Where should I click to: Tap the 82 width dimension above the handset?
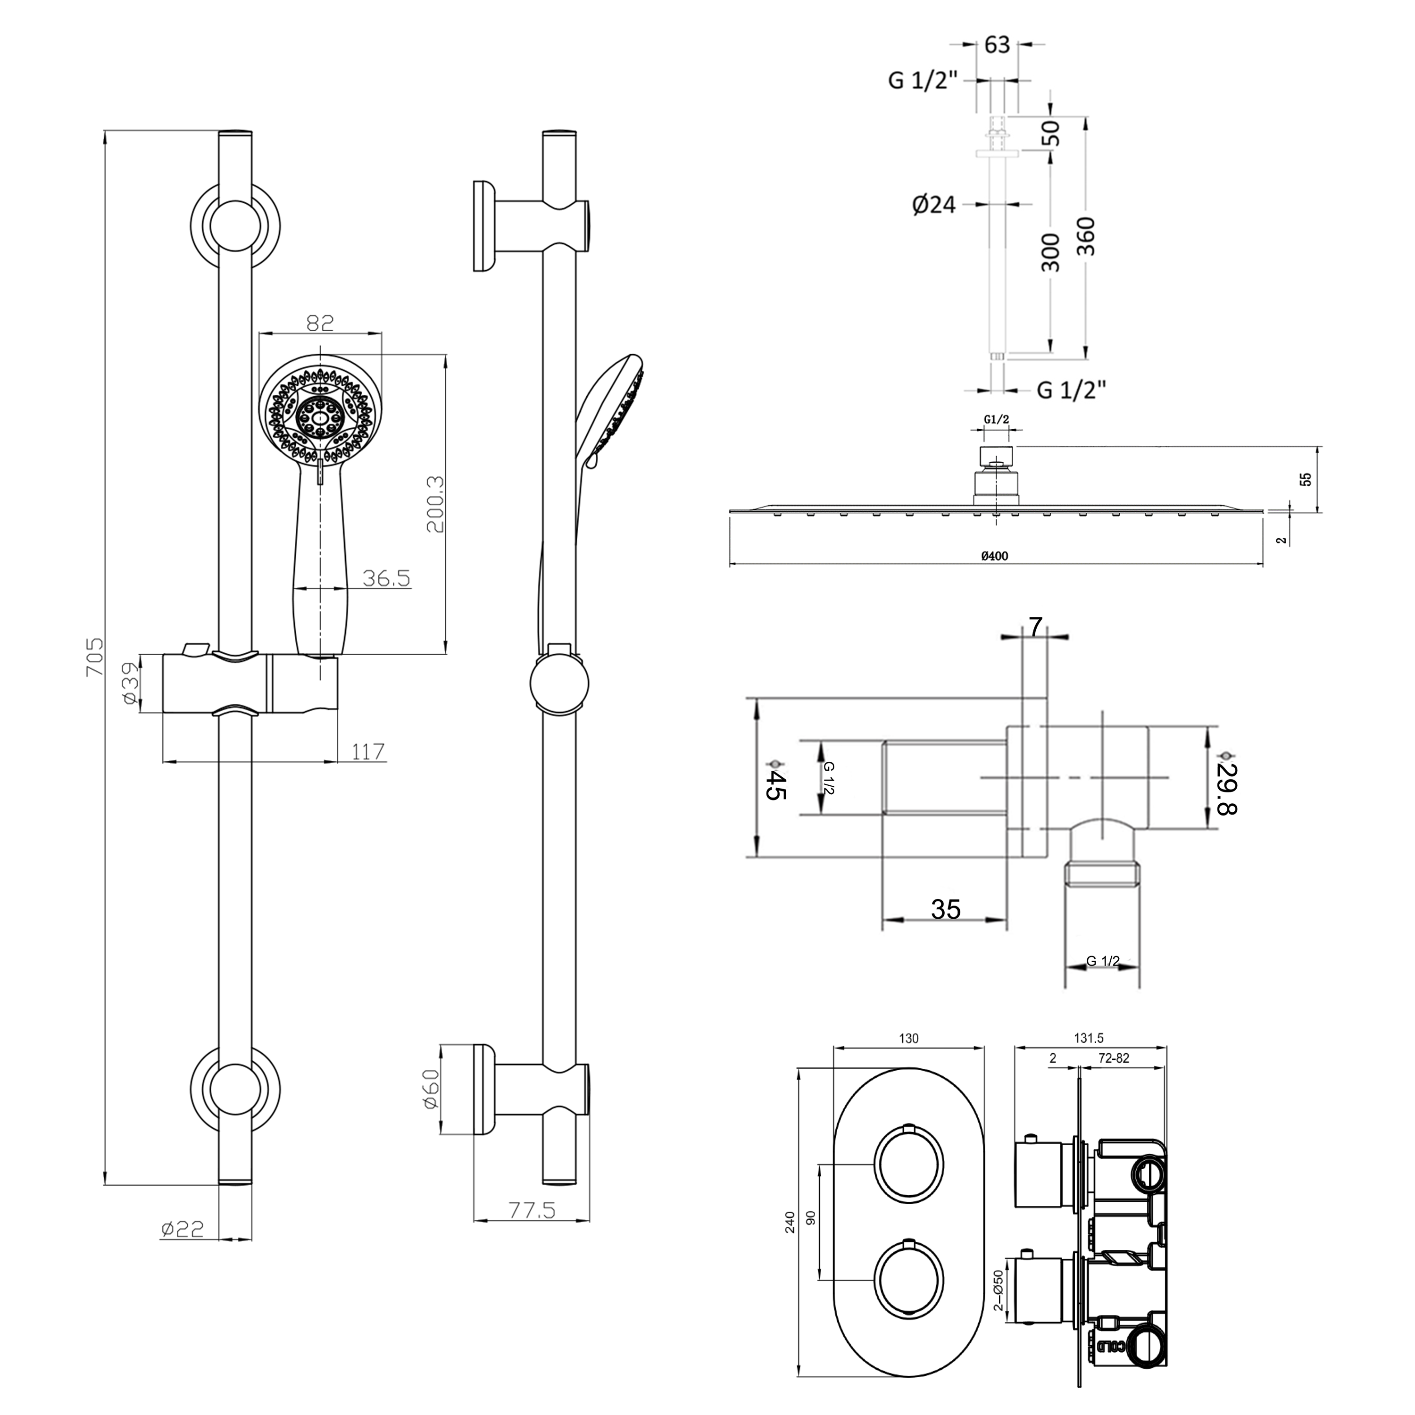pos(320,323)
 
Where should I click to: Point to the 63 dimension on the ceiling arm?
pos(997,45)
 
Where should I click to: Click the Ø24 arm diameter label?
pos(934,204)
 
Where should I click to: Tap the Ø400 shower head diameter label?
pos(995,556)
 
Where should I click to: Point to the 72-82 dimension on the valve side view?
pos(1114,1058)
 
